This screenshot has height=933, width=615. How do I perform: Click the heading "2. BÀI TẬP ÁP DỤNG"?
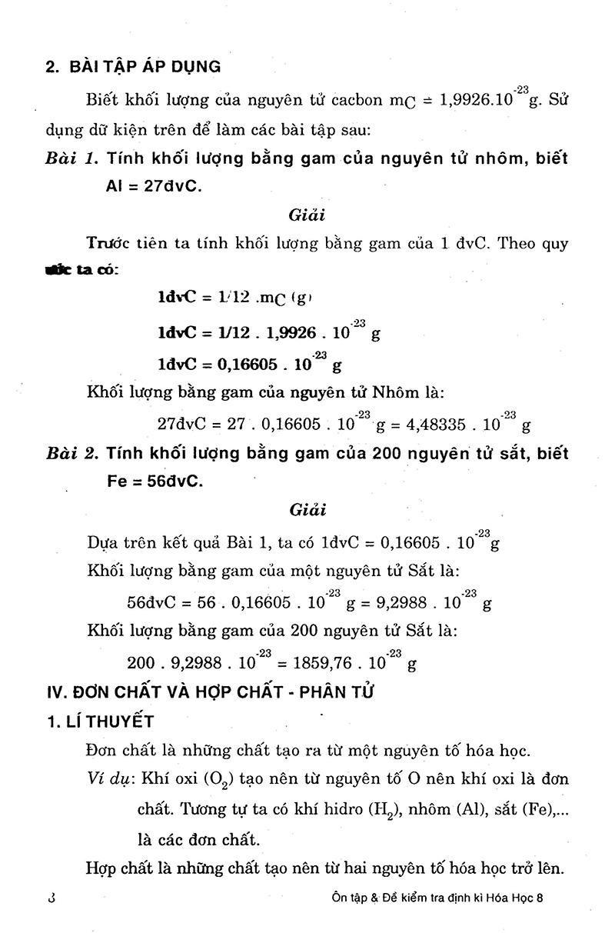click(x=133, y=66)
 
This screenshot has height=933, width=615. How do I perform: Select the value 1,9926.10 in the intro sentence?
click(x=484, y=100)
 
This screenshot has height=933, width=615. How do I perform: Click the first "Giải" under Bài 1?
click(x=307, y=215)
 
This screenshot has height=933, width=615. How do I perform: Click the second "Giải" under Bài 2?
click(x=307, y=509)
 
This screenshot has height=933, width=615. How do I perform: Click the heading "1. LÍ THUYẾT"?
click(x=100, y=721)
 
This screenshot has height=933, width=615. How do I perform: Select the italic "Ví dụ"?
click(x=107, y=778)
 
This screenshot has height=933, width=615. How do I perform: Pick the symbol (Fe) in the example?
click(x=535, y=808)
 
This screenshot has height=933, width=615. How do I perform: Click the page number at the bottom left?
click(x=52, y=898)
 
